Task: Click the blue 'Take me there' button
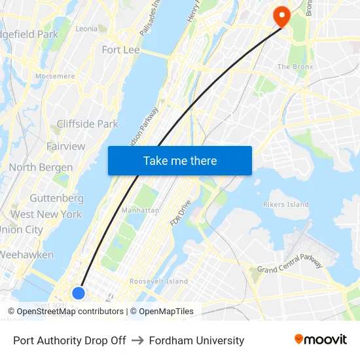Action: pos(180,160)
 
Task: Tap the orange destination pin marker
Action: pos(282,16)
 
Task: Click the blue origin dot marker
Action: pos(78,293)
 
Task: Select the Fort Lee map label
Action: pos(121,50)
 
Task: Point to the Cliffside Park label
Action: pos(87,124)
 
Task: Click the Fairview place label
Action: pos(65,147)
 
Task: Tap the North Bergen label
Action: pos(41,168)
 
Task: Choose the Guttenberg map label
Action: pos(57,198)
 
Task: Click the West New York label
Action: pos(46,214)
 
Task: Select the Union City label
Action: pos(21,230)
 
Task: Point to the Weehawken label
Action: pos(26,254)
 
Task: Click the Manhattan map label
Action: pos(140,210)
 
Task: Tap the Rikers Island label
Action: pos(285,205)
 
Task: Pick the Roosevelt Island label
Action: pos(158,281)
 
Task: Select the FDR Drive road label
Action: pos(180,213)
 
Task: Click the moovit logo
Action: pos(320,340)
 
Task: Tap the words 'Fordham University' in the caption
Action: pos(196,340)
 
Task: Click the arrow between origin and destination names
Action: pos(137,340)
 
